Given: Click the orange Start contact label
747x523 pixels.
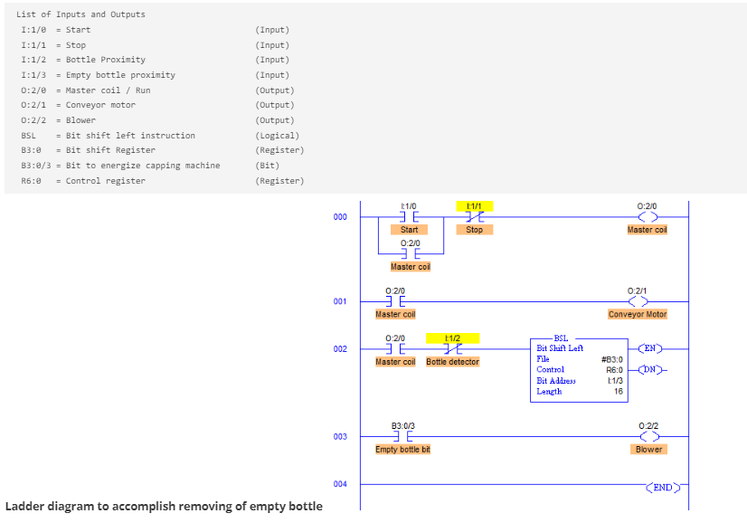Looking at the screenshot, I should point(409,230).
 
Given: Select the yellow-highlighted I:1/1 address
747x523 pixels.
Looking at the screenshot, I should point(474,206).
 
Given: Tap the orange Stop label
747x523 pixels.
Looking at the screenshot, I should point(474,230).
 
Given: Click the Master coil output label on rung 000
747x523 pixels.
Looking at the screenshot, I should point(647,230).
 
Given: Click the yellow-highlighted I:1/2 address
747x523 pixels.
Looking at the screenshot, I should point(452,338).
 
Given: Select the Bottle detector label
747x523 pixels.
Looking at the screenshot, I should point(452,362).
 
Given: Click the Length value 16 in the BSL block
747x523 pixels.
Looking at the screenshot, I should point(617,392).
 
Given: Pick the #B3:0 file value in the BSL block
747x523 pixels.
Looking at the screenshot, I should point(611,359).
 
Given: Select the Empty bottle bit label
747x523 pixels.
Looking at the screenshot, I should point(402,450).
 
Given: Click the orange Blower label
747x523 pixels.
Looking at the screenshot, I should point(648,449).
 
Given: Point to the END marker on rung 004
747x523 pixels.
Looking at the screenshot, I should point(663,488).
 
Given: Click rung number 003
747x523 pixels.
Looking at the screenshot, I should point(339,437).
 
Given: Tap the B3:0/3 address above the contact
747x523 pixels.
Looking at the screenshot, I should point(402,425).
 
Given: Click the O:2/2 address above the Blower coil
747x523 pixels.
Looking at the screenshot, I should point(648,425).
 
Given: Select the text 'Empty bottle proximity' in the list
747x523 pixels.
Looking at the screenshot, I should point(120,75).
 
